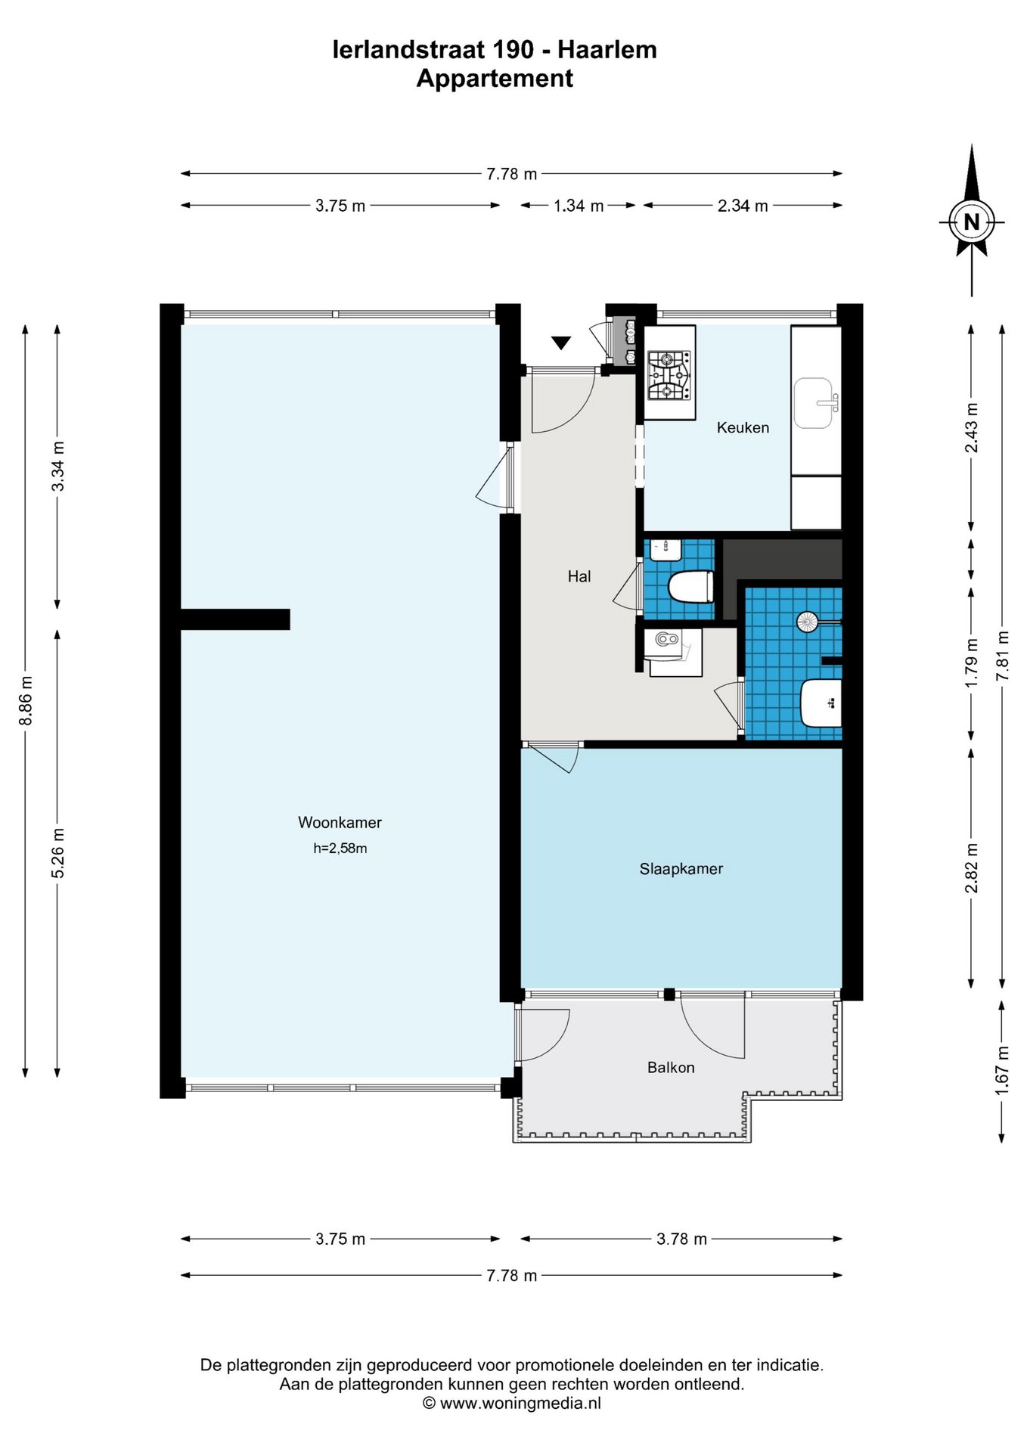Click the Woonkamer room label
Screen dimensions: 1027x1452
click(x=340, y=822)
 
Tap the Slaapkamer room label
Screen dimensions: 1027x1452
click(x=681, y=869)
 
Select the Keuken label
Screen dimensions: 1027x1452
click(x=743, y=427)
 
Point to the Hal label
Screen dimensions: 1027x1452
click(x=579, y=576)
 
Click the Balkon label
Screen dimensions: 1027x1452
click(x=671, y=1067)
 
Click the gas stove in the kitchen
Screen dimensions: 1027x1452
click(x=669, y=375)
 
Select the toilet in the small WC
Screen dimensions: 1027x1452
click(x=691, y=587)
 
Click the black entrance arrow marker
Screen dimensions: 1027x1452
click(x=560, y=343)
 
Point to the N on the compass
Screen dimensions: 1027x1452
click(x=972, y=222)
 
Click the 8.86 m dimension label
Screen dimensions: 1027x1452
click(x=26, y=700)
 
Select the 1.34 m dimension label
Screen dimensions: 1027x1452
click(x=579, y=205)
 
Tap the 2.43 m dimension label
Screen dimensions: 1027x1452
click(x=972, y=427)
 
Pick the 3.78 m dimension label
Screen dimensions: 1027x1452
click(x=681, y=1239)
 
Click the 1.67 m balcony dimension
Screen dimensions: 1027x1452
click(x=1003, y=1070)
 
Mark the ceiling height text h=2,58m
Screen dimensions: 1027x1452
click(x=340, y=849)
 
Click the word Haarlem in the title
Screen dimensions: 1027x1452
click(x=607, y=50)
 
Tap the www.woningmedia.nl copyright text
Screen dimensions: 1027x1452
click(x=512, y=1403)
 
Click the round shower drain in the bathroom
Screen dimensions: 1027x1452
click(x=807, y=622)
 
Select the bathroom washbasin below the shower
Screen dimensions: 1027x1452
click(x=821, y=703)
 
